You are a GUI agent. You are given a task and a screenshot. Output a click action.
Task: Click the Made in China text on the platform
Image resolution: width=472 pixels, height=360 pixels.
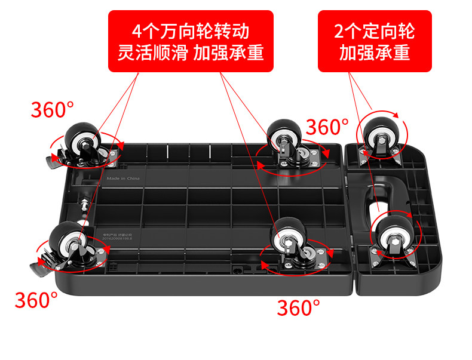(124, 178)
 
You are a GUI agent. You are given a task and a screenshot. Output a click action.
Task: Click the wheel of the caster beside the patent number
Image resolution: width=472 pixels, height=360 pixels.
(64, 238)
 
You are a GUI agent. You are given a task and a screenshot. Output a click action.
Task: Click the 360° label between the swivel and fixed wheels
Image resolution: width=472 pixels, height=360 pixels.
(327, 127)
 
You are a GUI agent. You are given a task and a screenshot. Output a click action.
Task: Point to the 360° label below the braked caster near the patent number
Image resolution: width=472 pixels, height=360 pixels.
(36, 299)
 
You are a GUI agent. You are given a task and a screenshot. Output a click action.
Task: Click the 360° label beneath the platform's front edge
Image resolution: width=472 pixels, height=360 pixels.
(298, 307)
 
